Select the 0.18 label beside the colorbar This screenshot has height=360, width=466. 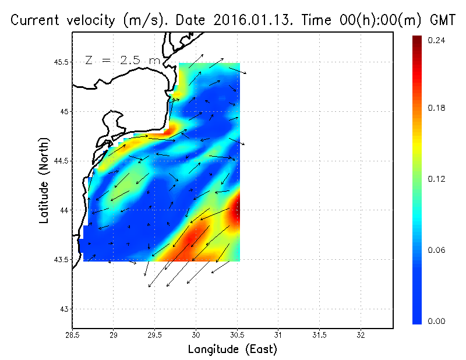click(436, 108)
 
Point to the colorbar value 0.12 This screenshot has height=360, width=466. click(436, 179)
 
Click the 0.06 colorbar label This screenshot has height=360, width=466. click(436, 250)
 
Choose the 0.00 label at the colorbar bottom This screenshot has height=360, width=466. click(436, 321)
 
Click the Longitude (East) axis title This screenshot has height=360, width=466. click(232, 350)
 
